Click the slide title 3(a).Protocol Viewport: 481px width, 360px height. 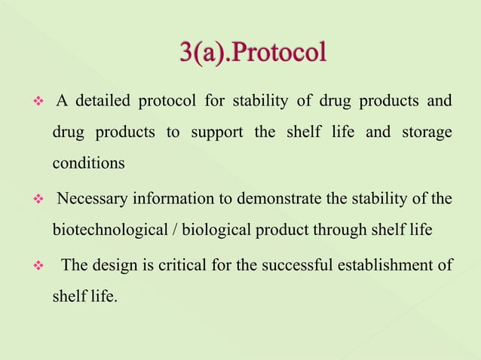point(253,53)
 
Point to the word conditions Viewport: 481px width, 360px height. point(88,163)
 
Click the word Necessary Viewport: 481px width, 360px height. point(93,199)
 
